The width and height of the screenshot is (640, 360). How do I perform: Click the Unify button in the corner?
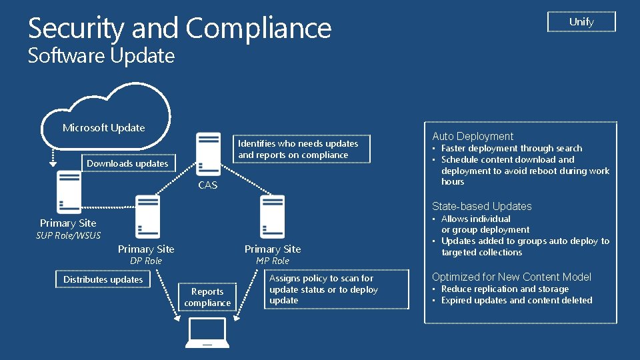point(581,22)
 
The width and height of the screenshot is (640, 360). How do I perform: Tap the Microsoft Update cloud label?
point(103,128)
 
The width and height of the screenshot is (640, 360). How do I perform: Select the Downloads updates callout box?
point(127,163)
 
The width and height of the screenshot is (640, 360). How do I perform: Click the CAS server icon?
point(208,154)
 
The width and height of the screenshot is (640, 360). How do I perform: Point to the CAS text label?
point(208,185)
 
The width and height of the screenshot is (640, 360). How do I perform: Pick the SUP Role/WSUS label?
point(68,235)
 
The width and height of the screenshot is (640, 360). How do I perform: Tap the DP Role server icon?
point(146,217)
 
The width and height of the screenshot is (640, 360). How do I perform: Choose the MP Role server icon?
point(273,217)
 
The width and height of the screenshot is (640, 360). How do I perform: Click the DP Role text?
point(146,261)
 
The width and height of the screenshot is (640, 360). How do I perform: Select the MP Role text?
point(273,261)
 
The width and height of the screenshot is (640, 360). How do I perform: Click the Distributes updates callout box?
point(103,279)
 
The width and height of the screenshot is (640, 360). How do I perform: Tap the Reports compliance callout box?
point(207,297)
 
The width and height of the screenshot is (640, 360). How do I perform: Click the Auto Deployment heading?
point(473,136)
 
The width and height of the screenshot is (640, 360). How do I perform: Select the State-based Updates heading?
point(482,207)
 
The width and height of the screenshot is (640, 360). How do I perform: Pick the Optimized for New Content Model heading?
point(511,277)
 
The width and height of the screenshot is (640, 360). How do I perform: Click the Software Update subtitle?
point(101,56)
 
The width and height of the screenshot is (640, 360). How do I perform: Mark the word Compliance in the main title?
point(259,29)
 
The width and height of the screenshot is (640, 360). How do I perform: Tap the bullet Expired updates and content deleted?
point(517,300)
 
